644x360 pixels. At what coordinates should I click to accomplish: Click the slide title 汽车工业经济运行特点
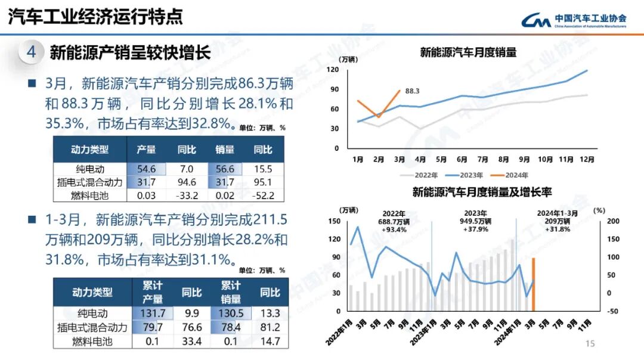95,17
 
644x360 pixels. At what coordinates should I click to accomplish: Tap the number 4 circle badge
31,52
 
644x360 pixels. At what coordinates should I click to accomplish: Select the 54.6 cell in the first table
146,169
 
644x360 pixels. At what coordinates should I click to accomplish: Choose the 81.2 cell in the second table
270,328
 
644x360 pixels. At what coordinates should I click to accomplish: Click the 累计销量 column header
231,293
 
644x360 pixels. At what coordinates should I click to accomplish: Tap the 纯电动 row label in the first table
91,169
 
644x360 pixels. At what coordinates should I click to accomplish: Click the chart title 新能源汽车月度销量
468,52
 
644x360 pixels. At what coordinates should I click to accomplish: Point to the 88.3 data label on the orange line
412,91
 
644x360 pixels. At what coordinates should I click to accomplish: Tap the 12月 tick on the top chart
587,160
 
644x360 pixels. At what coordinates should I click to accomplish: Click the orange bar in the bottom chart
533,284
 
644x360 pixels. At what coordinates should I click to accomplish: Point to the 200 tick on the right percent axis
597,221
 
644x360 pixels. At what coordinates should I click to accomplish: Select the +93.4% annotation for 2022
394,229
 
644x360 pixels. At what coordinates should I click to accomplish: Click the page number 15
590,344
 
